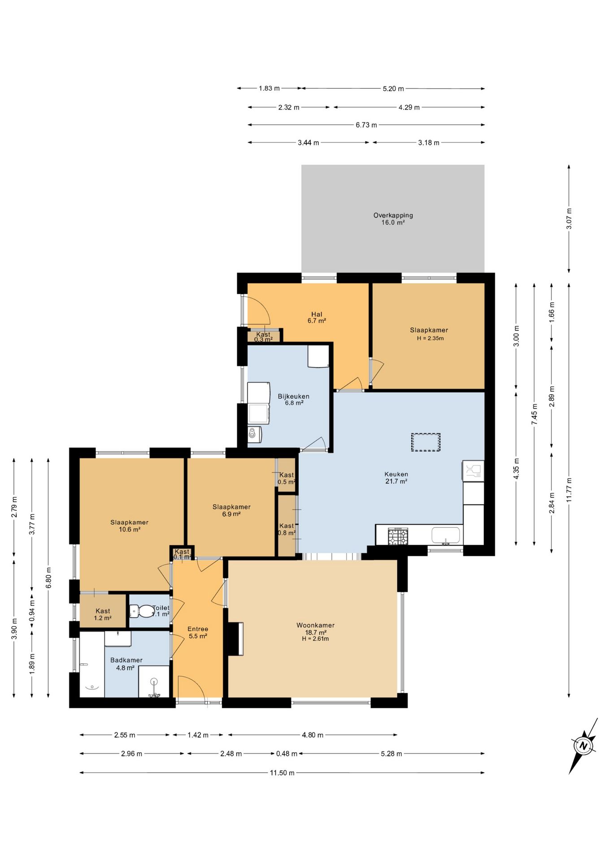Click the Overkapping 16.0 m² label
pos(393,219)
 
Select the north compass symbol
pos(583,746)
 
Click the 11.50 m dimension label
pos(282,773)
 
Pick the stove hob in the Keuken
pos(398,536)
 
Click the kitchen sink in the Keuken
pos(446,535)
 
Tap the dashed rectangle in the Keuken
pos(426,442)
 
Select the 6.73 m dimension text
pos(366,125)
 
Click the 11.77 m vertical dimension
pos(569,490)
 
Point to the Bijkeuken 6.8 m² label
pos(294,400)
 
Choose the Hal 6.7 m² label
pos(317,317)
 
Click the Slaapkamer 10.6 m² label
pos(129,526)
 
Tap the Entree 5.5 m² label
pos(198,632)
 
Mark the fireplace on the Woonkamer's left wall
pos(235,639)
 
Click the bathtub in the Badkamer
pos(92,665)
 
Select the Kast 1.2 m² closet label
pos(103,614)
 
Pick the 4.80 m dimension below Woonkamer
pos(313,735)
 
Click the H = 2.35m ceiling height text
pos(430,338)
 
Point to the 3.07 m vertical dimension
pos(569,218)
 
